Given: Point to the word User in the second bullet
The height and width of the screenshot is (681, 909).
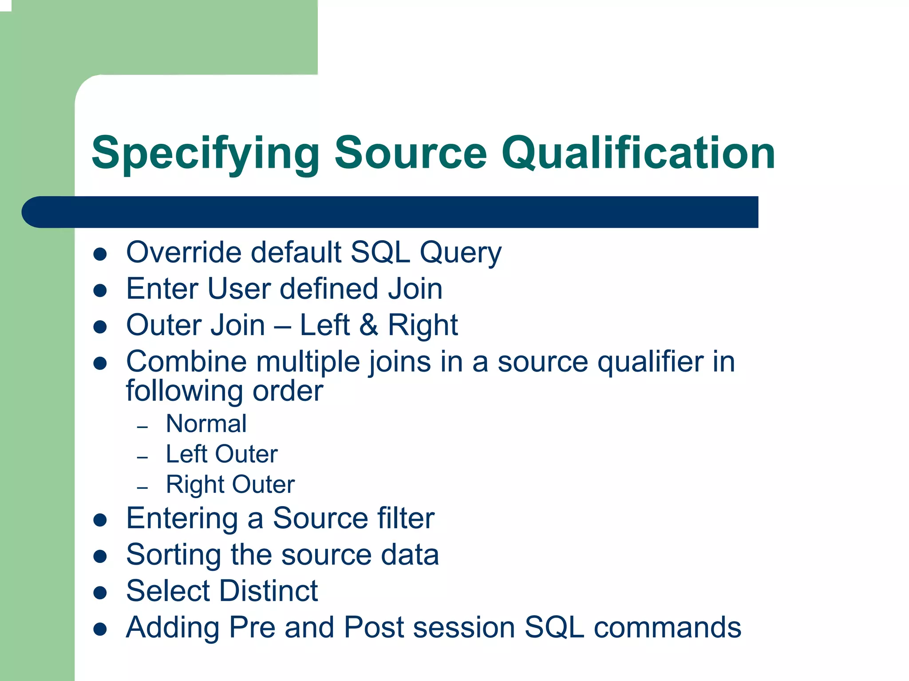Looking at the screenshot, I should [x=239, y=289].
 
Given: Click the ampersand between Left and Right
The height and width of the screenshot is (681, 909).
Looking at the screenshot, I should [x=368, y=325].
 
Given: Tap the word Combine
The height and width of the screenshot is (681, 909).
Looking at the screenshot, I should [x=186, y=361].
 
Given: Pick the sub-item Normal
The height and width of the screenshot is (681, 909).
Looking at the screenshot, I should [x=206, y=424].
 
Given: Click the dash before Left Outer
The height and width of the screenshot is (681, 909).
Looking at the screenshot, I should [x=142, y=457].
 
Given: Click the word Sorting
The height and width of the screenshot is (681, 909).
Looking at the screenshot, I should [x=174, y=555].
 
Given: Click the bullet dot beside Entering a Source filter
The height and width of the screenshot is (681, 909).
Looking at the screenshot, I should [x=100, y=520].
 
